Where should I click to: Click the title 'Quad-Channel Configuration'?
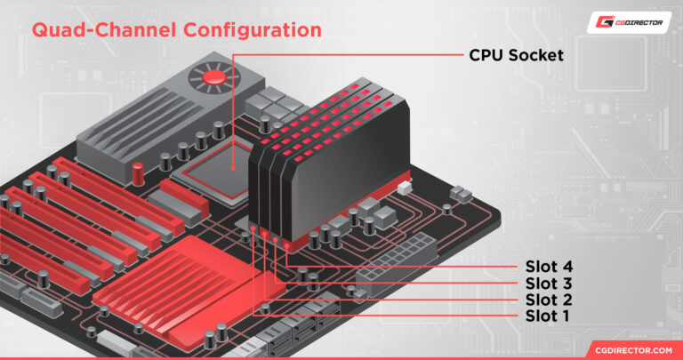176,29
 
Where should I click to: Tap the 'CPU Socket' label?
517,55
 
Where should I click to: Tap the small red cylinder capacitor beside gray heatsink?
138,170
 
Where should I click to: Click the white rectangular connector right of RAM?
405,188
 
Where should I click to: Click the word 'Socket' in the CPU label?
539,55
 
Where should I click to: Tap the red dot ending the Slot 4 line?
285,240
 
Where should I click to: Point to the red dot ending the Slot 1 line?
253,228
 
